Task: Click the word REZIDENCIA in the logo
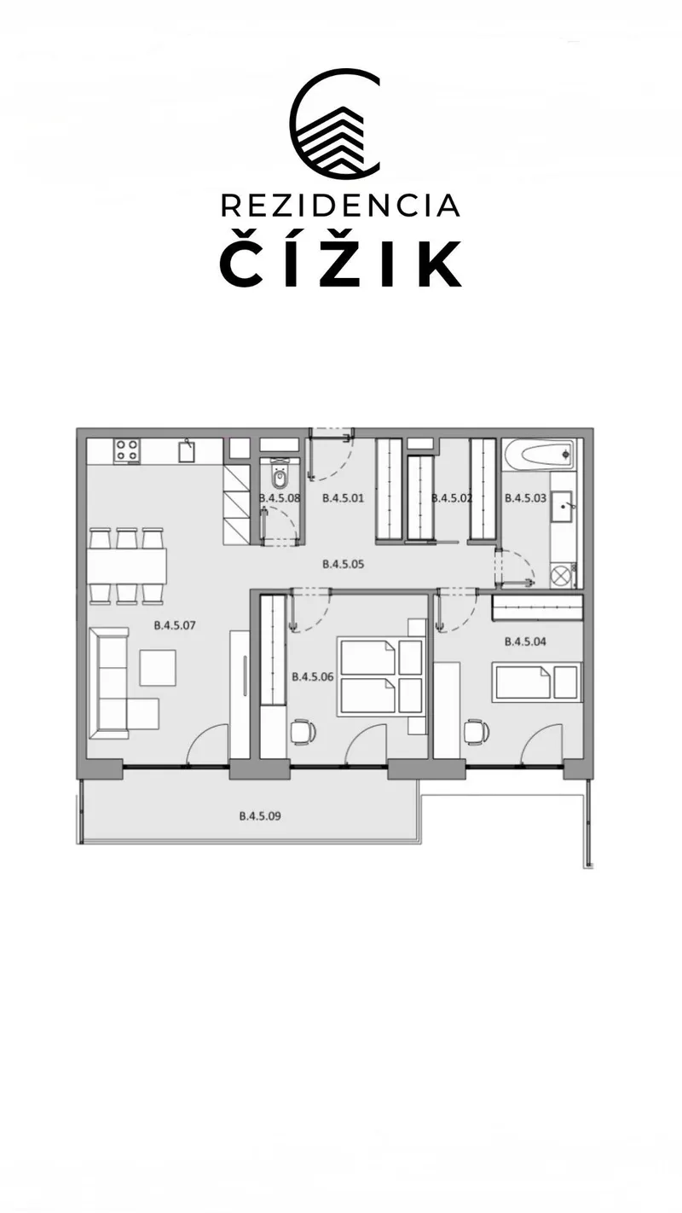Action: (340, 206)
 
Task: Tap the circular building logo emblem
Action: (335, 125)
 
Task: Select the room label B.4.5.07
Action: (174, 625)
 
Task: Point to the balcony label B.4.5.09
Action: (260, 815)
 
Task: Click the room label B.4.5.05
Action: (344, 564)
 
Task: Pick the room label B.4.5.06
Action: (312, 677)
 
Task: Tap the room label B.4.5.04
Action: (525, 641)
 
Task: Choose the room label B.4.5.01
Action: (344, 498)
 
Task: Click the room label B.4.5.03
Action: (525, 498)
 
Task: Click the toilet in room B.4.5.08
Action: (280, 473)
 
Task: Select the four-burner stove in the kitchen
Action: (128, 451)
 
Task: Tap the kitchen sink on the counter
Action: (187, 450)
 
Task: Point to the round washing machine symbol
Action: (561, 575)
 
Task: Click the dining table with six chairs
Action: (127, 566)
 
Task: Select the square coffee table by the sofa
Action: (158, 668)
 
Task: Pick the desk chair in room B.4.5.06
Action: (303, 732)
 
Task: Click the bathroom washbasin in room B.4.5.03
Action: (564, 507)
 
